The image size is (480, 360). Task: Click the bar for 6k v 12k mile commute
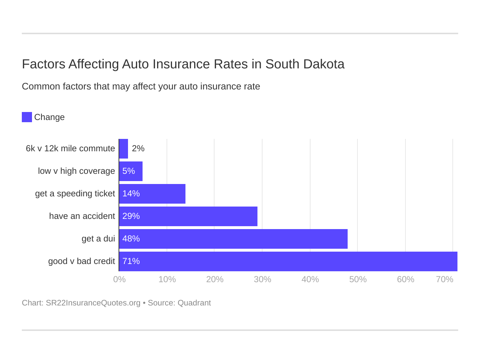click(124, 149)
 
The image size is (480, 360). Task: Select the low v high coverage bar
click(131, 171)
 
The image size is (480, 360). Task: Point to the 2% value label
click(138, 149)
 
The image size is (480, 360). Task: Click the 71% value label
click(131, 261)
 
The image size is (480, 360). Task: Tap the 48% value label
click(131, 239)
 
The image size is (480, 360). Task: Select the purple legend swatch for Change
click(27, 117)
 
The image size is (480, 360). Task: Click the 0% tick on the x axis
click(119, 279)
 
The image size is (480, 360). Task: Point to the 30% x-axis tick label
click(263, 279)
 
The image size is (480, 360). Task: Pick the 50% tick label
click(358, 279)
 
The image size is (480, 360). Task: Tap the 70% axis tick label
click(444, 279)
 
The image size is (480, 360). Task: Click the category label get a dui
click(98, 239)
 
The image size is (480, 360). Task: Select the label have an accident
click(82, 216)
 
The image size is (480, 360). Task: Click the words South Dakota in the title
click(305, 64)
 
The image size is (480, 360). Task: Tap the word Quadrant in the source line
click(194, 303)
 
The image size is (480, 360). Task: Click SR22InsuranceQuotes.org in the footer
click(93, 303)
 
